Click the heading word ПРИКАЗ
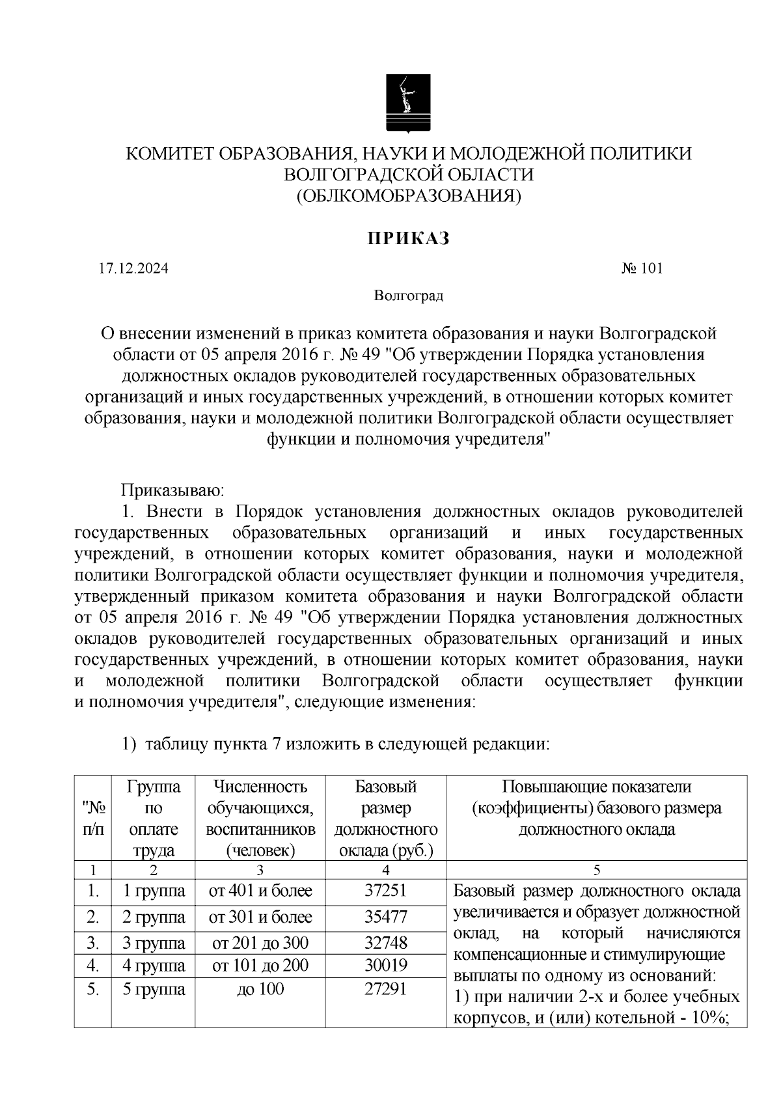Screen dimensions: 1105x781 click(x=409, y=239)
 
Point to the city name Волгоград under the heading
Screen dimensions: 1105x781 click(x=409, y=296)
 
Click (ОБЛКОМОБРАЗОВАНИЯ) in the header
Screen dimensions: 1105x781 click(x=409, y=195)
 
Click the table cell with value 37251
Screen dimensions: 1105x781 click(x=385, y=891)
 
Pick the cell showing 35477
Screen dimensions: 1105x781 click(x=385, y=917)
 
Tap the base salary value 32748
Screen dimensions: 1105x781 click(x=385, y=943)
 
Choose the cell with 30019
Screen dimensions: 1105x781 click(x=385, y=965)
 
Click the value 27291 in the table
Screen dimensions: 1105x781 click(x=385, y=989)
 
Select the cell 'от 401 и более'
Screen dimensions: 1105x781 click(x=260, y=891)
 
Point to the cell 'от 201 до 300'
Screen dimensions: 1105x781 click(x=260, y=943)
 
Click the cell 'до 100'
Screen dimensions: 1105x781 click(x=260, y=989)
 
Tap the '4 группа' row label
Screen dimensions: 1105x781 click(x=154, y=965)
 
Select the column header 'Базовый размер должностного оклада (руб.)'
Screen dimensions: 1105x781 click(x=385, y=818)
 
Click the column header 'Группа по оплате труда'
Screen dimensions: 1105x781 click(x=154, y=818)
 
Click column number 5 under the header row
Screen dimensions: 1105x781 click(x=596, y=870)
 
